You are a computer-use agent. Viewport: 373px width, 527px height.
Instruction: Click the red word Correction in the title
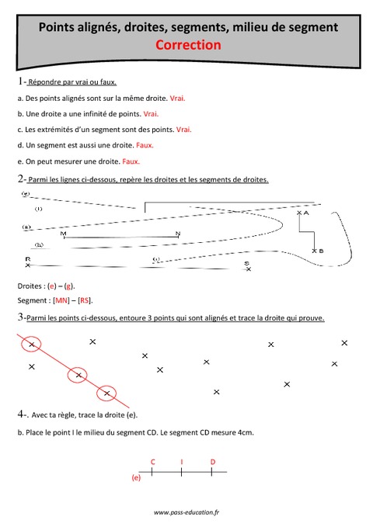188,45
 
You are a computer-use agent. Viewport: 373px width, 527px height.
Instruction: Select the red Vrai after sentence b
151,114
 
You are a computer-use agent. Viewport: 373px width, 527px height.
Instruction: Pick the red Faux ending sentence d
145,145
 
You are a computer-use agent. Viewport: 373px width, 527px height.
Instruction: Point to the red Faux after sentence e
131,161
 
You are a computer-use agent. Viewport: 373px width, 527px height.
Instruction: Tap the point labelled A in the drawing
301,212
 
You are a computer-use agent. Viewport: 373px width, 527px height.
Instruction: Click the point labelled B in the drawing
315,251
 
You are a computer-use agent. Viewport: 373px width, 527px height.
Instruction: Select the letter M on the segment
63,233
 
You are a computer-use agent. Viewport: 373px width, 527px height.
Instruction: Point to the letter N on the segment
178,233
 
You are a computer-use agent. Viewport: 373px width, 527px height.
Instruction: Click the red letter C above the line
152,462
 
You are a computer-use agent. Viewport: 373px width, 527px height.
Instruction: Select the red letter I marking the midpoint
182,462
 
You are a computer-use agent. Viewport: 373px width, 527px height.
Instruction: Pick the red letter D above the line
213,462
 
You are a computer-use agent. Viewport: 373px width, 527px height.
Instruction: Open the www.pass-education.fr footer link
186,513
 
